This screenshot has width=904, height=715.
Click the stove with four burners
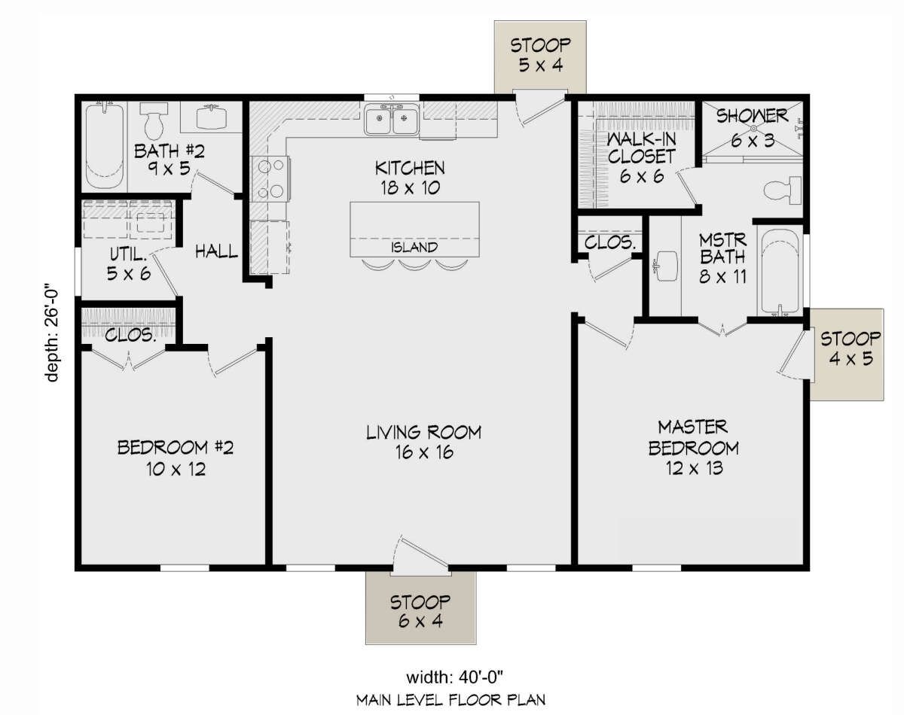[x=270, y=179]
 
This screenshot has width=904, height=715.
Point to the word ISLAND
[x=414, y=248]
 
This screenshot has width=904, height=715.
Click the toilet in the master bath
[x=782, y=191]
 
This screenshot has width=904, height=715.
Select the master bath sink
[x=666, y=266]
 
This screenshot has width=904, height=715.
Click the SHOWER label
[x=752, y=117]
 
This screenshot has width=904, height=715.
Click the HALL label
[x=217, y=251]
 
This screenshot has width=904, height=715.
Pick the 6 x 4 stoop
[x=421, y=608]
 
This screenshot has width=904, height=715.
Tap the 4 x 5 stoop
[x=847, y=354]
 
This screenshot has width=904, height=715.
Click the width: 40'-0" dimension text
[x=455, y=677]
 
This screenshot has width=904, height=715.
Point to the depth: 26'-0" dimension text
[x=52, y=335]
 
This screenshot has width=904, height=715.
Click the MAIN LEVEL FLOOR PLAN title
[x=450, y=700]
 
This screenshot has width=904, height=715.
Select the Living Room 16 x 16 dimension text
[x=424, y=452]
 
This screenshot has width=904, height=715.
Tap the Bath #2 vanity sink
[x=211, y=117]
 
